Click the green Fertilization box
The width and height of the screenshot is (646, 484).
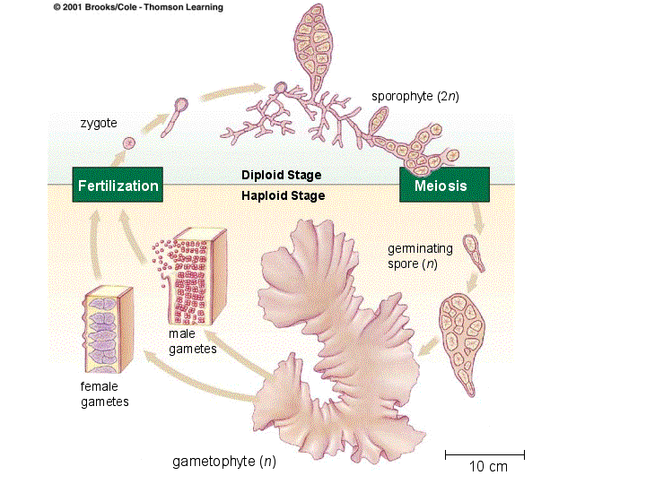click(x=118, y=186)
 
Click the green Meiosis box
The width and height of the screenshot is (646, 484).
click(x=444, y=186)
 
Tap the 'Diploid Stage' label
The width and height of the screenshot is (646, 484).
click(x=281, y=175)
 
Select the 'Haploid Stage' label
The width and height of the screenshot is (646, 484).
click(x=283, y=195)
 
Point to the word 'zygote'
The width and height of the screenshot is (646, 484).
click(x=99, y=122)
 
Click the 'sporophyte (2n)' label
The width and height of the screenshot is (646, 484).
click(x=415, y=96)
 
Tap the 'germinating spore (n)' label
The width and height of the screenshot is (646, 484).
click(x=420, y=255)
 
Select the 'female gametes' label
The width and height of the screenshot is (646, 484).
click(x=104, y=393)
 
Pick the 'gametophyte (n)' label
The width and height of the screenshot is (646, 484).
click(x=223, y=462)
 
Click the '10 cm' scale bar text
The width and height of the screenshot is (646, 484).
click(x=488, y=467)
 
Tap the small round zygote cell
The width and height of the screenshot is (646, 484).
click(x=129, y=143)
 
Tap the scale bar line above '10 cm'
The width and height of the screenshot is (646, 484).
click(x=484, y=454)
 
